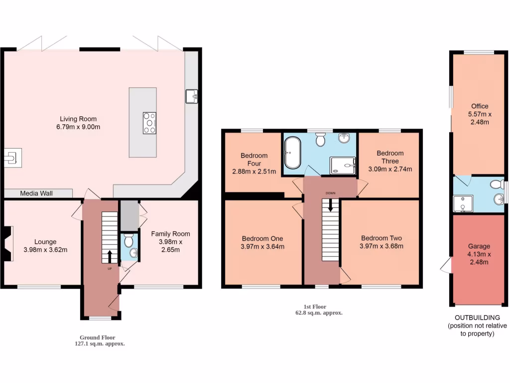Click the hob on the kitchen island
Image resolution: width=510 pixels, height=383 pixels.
(x=149, y=123)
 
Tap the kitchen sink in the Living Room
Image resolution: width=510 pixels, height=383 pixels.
(x=192, y=96)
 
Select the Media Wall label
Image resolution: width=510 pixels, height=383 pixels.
(x=36, y=193)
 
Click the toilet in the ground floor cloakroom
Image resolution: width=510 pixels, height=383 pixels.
(x=129, y=242)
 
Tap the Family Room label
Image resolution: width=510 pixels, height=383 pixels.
(x=171, y=233)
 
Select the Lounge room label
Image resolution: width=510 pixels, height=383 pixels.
(x=45, y=242)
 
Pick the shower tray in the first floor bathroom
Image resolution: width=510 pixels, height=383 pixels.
(x=343, y=165)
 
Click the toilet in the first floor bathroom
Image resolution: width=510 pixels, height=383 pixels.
(x=320, y=140)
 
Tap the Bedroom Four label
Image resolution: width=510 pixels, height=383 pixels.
(x=254, y=159)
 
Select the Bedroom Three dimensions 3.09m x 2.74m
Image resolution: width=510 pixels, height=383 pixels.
(x=390, y=169)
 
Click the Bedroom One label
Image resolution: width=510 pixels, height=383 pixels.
(x=262, y=238)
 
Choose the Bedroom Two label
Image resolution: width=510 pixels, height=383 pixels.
(x=382, y=238)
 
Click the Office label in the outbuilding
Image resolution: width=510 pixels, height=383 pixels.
(x=480, y=106)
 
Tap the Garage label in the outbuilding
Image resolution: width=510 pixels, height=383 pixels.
(x=479, y=246)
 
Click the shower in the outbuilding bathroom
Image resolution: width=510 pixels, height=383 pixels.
(x=463, y=203)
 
